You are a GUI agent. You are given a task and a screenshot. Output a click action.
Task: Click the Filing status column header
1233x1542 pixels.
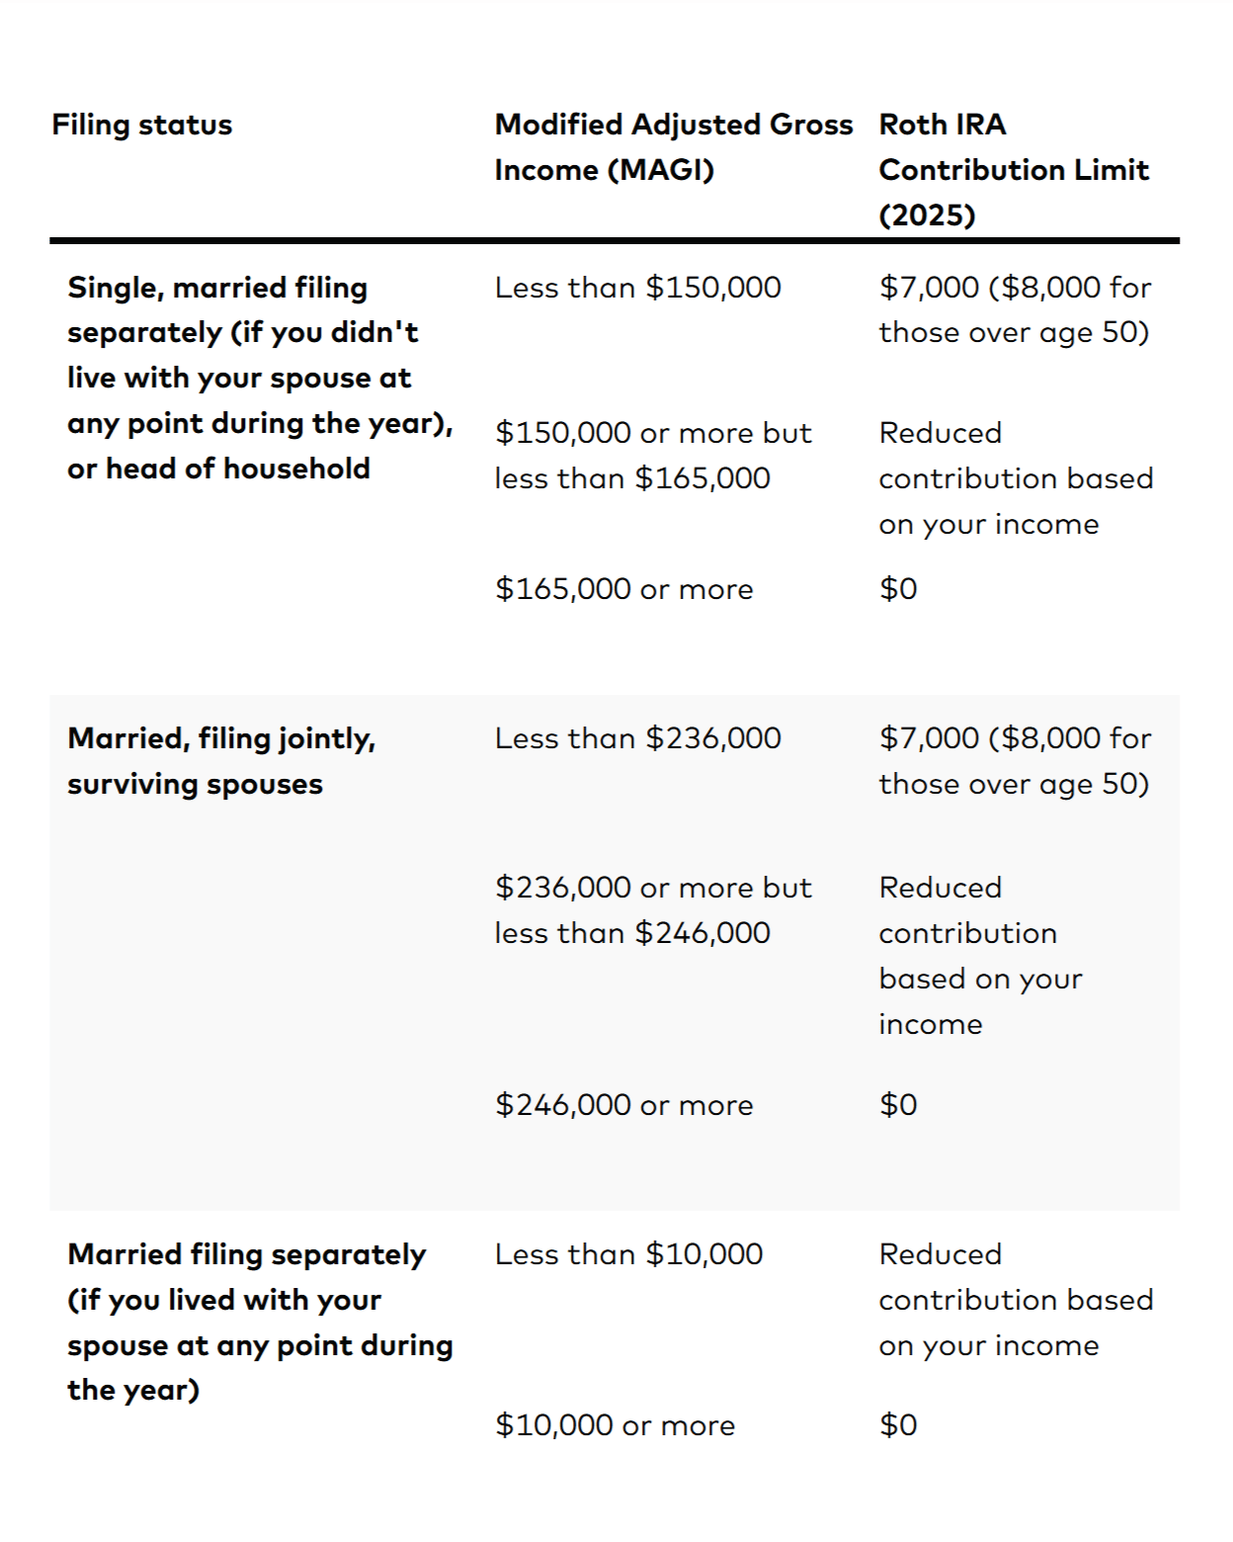tap(142, 126)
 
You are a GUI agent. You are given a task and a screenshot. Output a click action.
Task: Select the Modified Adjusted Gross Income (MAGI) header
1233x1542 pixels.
tap(673, 147)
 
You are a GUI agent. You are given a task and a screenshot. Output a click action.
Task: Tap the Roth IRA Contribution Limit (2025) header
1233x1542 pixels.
tap(1013, 170)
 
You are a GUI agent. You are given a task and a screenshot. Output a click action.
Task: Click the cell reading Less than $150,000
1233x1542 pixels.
tap(637, 288)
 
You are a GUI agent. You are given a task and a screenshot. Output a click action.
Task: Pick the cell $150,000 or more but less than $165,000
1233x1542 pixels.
tap(652, 456)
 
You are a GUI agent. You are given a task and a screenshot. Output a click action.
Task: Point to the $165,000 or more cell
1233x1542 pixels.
tap(623, 589)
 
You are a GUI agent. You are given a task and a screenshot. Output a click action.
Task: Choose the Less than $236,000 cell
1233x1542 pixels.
tap(637, 738)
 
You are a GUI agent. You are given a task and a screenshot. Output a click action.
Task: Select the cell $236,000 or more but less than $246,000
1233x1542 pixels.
tap(652, 910)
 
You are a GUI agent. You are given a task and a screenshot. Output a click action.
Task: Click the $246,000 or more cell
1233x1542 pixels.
tap(623, 1105)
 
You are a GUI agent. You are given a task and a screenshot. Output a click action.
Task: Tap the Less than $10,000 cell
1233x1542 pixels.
tap(628, 1254)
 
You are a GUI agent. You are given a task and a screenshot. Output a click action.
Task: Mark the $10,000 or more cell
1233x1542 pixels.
tap(615, 1425)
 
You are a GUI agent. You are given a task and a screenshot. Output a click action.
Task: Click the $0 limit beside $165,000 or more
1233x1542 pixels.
tap(898, 589)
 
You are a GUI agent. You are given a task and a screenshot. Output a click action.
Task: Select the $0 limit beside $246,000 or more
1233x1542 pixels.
tap(898, 1105)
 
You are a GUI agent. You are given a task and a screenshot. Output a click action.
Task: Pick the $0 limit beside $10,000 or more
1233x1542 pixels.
tap(898, 1425)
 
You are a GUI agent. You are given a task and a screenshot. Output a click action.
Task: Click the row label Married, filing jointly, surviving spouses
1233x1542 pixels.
tap(221, 761)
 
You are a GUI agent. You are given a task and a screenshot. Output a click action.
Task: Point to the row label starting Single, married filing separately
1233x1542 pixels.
tap(259, 378)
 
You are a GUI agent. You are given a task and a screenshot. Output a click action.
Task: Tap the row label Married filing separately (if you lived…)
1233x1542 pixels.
tap(259, 1323)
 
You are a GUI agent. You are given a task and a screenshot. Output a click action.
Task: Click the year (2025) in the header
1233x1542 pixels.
tap(927, 215)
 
